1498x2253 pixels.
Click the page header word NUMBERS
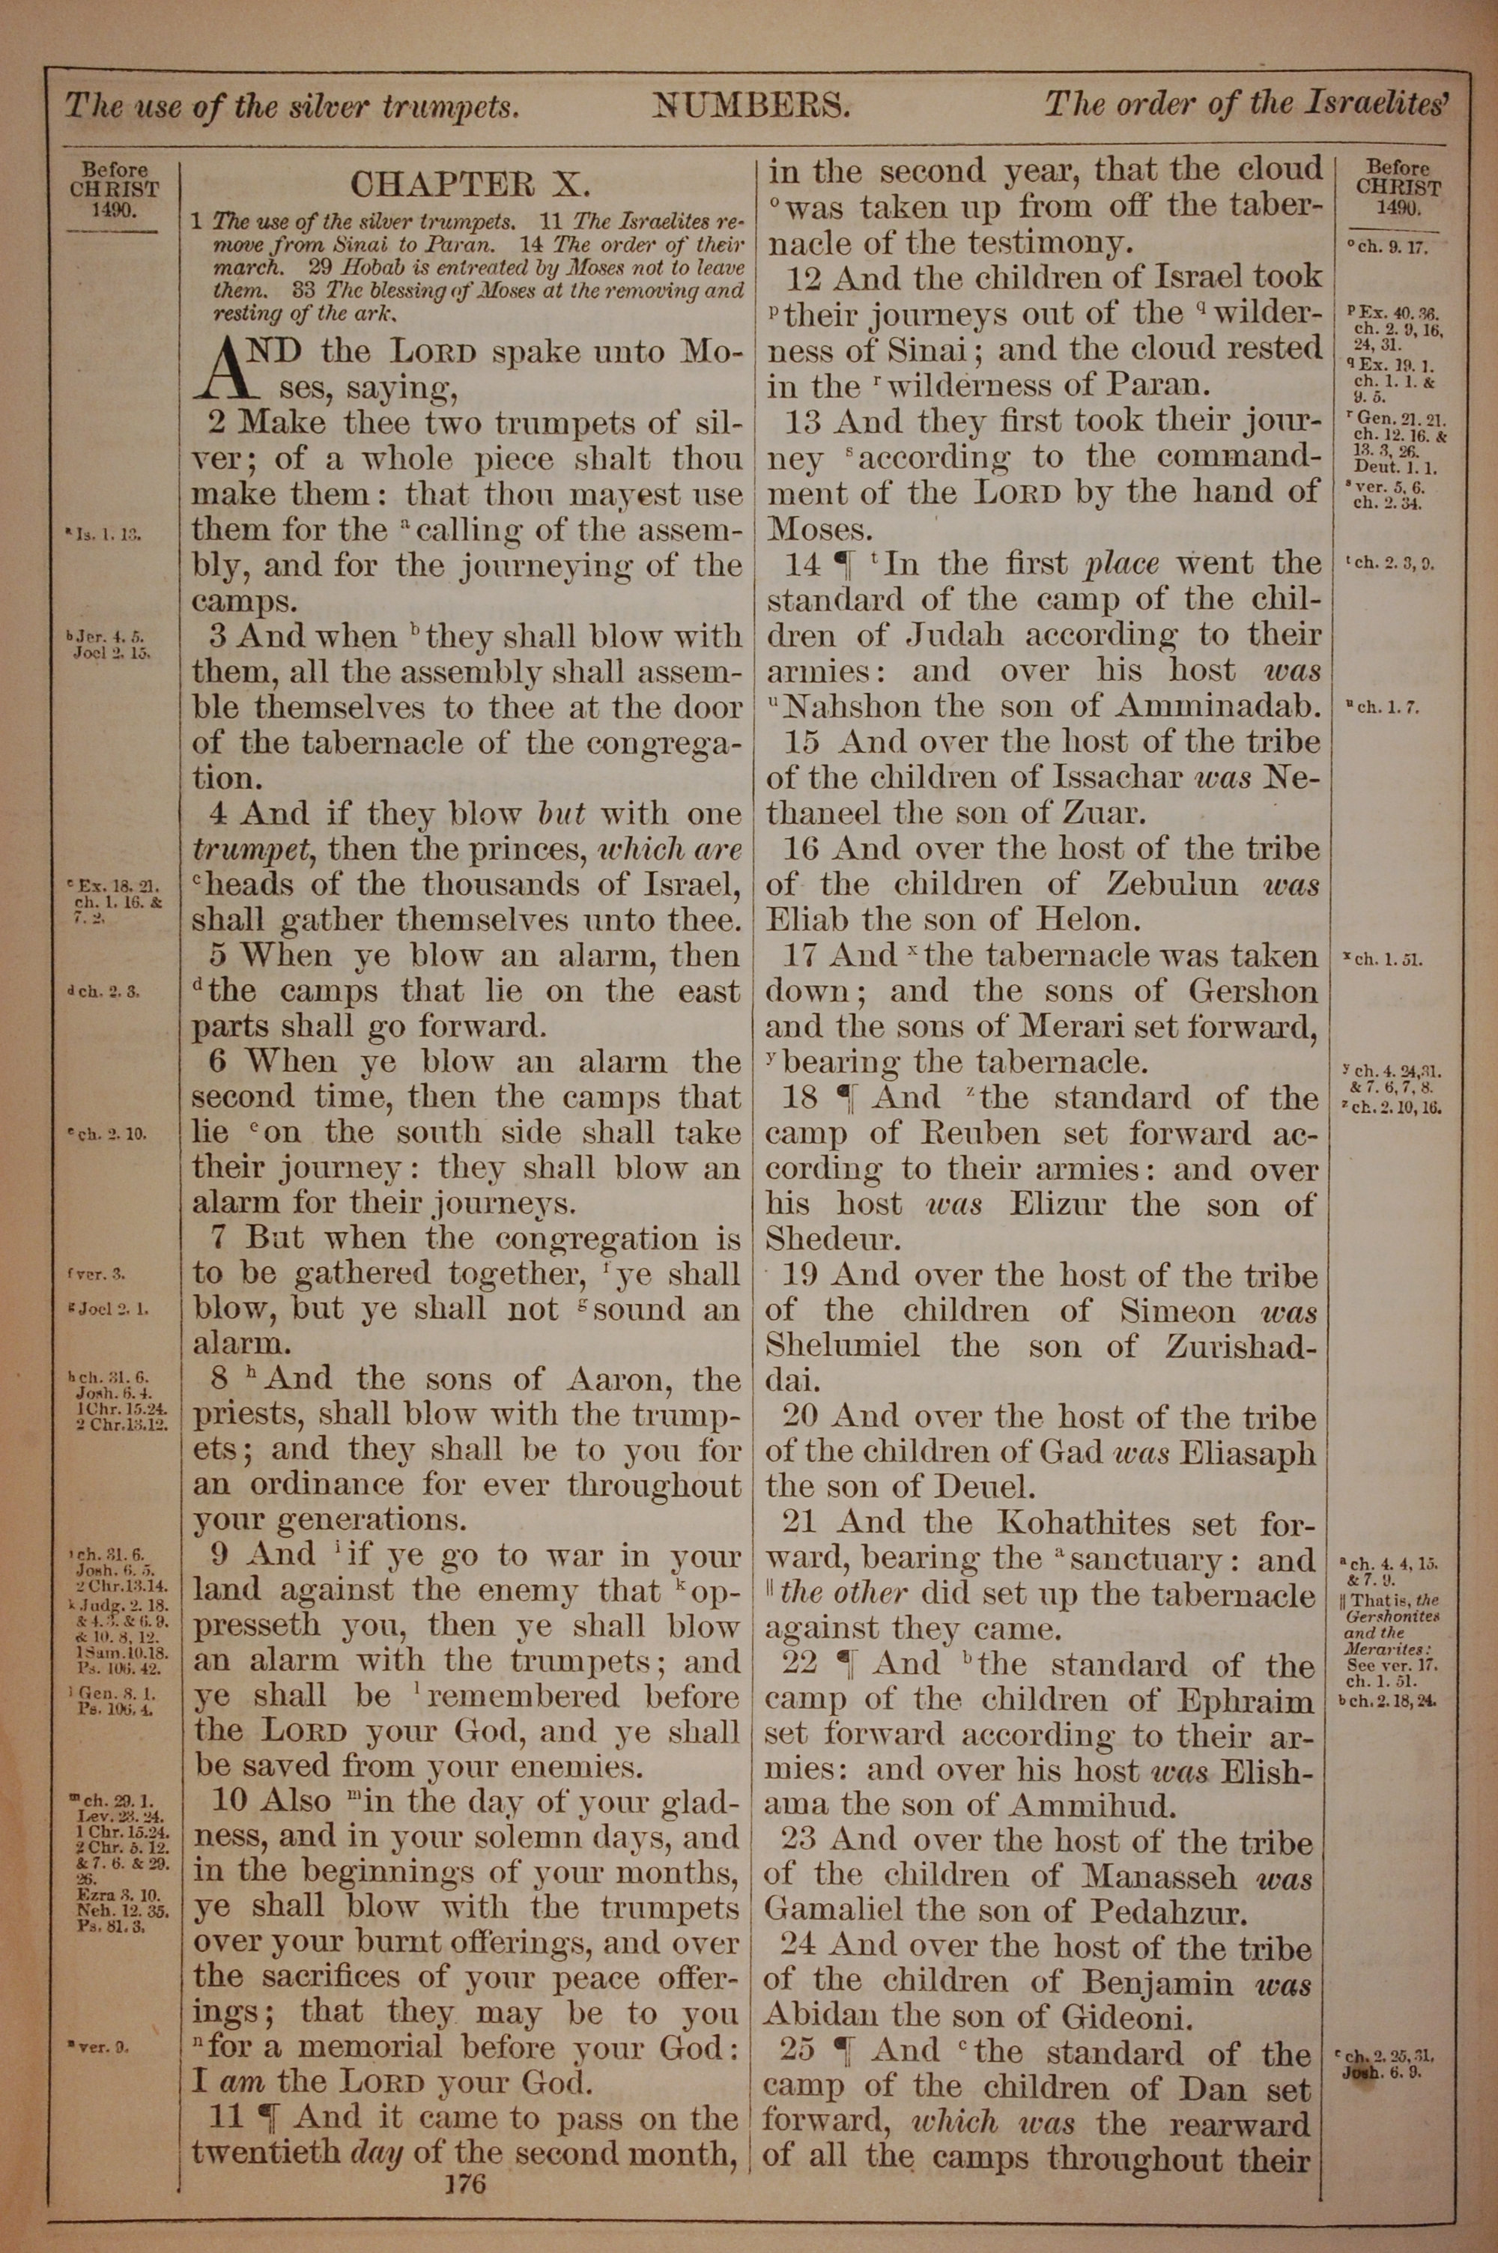[x=751, y=104]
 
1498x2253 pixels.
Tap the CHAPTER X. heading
[x=471, y=184]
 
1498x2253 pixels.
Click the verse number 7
[x=217, y=1239]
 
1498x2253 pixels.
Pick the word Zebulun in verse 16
[x=1171, y=885]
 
